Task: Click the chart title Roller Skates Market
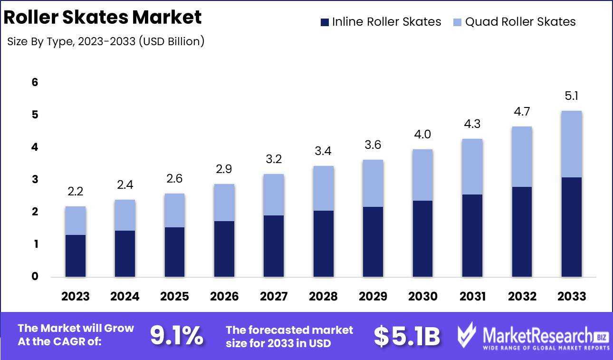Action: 102,18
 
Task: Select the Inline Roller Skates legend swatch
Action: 325,22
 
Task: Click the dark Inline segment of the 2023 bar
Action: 76,255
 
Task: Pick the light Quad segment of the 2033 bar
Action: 572,144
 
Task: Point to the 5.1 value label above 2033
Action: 572,97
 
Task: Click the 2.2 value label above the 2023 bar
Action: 76,192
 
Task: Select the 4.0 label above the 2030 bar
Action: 423,135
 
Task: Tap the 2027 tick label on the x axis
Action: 274,297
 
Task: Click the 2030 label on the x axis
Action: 423,297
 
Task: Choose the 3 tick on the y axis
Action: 35,180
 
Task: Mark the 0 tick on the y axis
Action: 35,277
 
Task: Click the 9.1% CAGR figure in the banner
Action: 177,336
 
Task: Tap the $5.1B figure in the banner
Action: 407,336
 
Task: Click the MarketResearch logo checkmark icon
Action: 466,336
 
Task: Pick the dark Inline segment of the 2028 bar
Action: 324,243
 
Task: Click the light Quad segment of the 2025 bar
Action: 175,210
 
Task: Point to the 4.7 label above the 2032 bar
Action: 522,112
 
